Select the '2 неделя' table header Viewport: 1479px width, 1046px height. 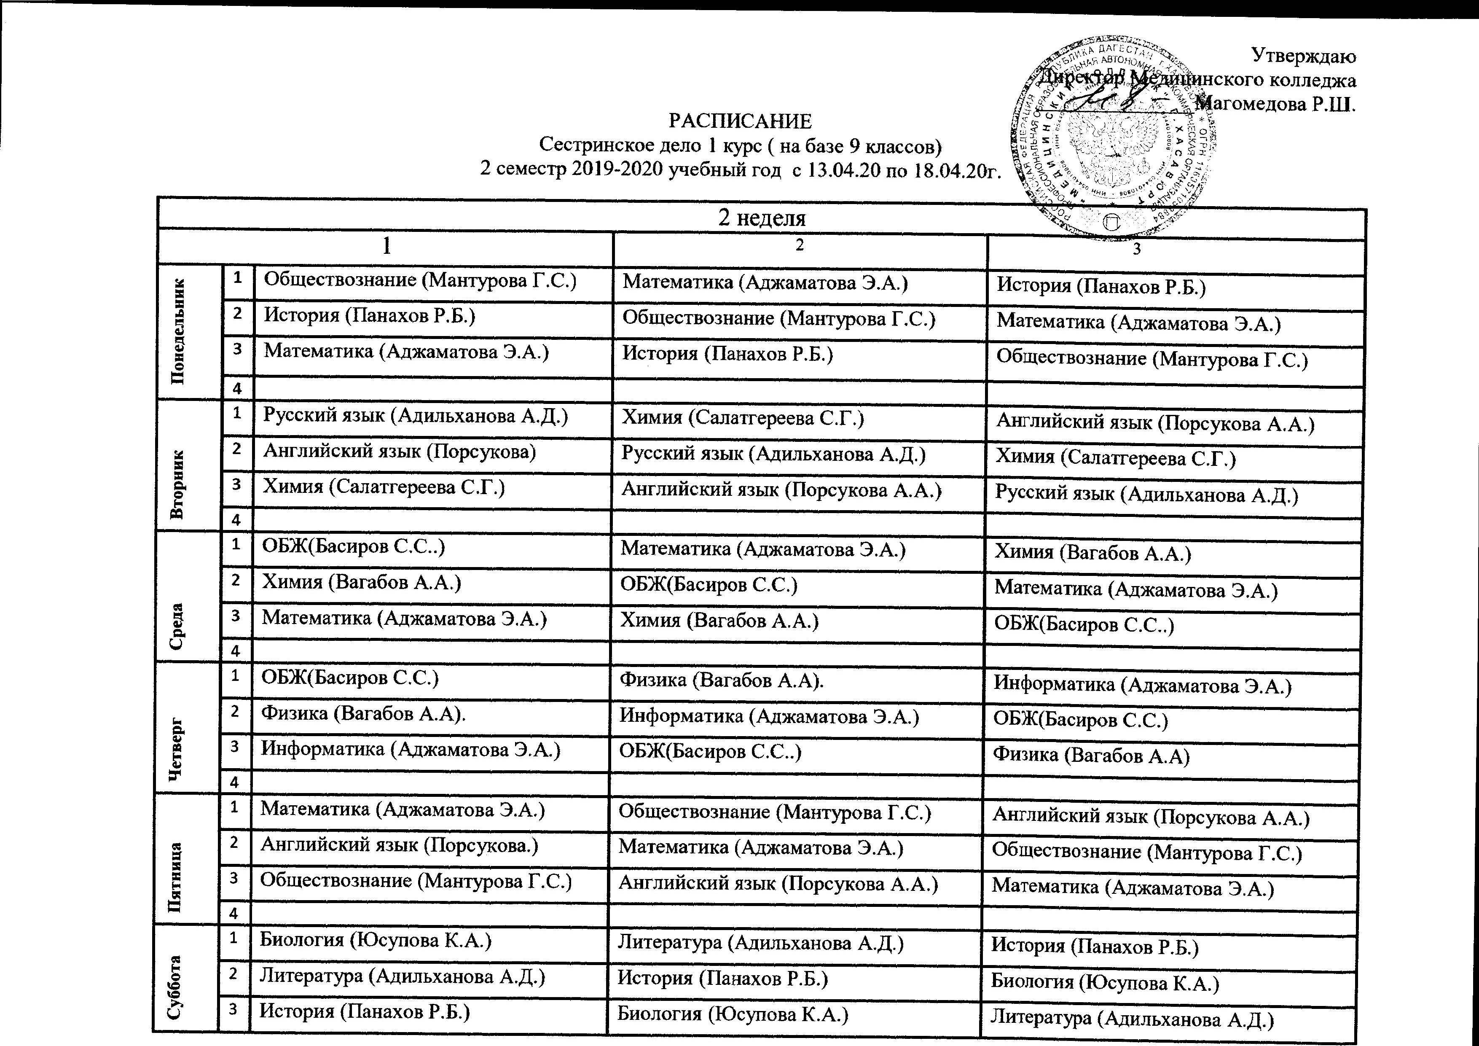click(x=762, y=218)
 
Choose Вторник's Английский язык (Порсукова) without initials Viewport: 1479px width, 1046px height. click(x=400, y=451)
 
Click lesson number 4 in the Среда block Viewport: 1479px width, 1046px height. click(x=236, y=651)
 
